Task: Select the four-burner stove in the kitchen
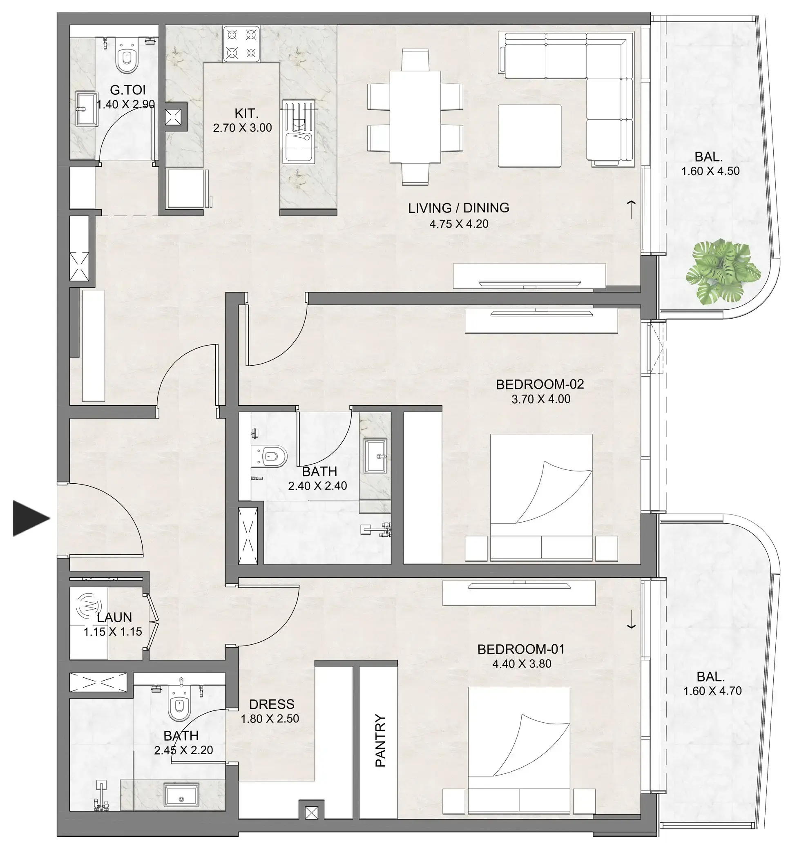(x=241, y=43)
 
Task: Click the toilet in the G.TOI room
(x=126, y=57)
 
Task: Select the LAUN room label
(x=114, y=617)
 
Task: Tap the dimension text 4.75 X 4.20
(x=459, y=224)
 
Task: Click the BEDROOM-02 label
(x=540, y=384)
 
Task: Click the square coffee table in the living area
(x=529, y=135)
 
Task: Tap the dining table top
(x=415, y=116)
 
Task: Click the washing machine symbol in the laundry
(x=89, y=605)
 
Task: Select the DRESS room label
(x=271, y=704)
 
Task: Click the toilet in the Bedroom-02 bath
(x=271, y=456)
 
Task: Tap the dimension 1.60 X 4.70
(x=712, y=690)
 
